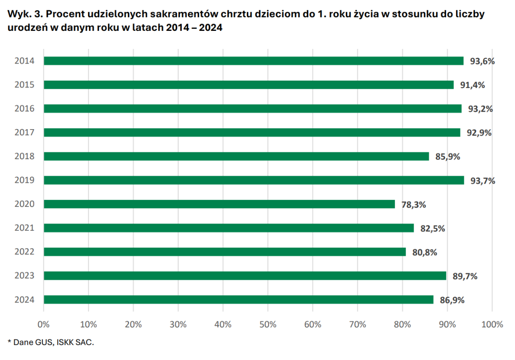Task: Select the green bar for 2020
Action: click(219, 204)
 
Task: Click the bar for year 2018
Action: click(236, 157)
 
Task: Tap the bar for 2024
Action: click(238, 299)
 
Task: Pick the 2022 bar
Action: click(224, 252)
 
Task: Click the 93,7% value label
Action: click(483, 181)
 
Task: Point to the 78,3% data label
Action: click(414, 205)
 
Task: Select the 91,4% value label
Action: click(473, 85)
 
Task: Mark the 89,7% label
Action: click(465, 276)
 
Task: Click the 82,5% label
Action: click(433, 228)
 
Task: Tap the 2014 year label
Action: click(24, 61)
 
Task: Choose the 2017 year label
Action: click(24, 133)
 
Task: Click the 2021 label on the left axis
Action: click(24, 228)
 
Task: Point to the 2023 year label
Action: click(24, 275)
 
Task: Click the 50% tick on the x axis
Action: click(268, 324)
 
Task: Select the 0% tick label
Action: click(44, 324)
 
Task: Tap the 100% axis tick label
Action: click(492, 324)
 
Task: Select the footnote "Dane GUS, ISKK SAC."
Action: click(53, 342)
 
